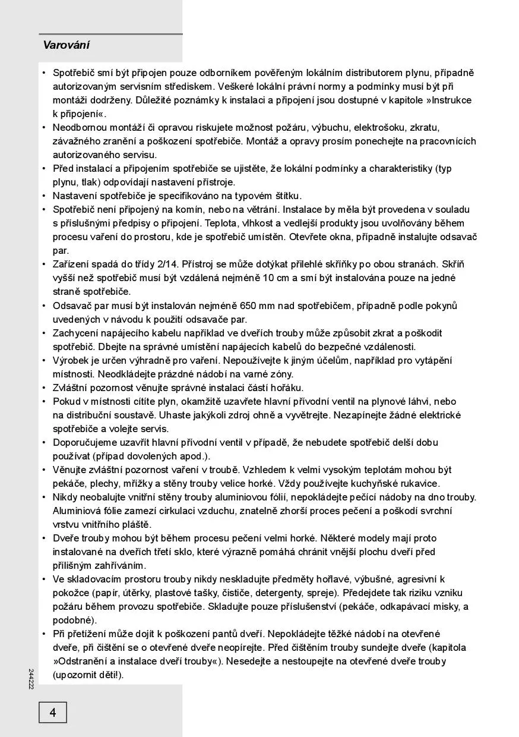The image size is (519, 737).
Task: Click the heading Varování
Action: coord(67,45)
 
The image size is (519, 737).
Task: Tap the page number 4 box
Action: coord(53,712)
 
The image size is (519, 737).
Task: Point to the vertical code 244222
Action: coord(31,679)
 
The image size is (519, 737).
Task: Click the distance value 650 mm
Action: coord(257,305)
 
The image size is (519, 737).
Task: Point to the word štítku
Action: coord(286,196)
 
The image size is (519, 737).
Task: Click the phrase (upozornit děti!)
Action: coord(88,675)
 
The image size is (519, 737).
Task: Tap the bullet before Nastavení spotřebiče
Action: coord(44,196)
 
